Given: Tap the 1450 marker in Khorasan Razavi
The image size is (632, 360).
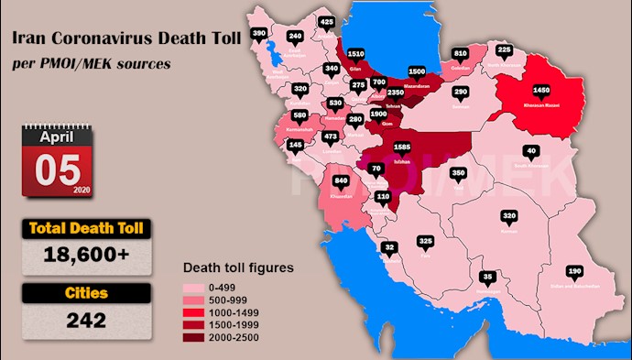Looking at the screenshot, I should coord(541,92).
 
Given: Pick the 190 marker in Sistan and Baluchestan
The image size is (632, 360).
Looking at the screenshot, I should coord(575,271).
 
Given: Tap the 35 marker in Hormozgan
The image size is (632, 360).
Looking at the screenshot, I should coord(488,277).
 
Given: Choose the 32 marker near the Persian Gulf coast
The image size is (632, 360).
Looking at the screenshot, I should coord(389,247).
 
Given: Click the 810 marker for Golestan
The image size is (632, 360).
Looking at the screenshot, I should coord(460,53).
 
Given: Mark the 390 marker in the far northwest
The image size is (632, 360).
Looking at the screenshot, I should coord(259,34).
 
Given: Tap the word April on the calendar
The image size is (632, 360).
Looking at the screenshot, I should coord(57,135).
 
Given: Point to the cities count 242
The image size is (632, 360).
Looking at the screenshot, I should coord(85,321).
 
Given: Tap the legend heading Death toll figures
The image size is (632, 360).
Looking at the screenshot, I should coord(237,268).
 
